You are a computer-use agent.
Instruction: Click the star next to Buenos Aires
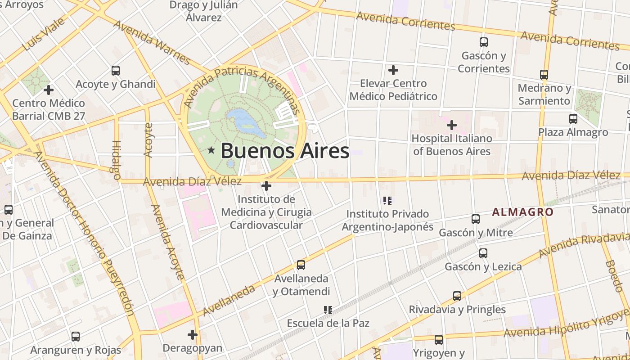coord(211,150)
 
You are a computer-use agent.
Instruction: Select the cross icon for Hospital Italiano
coord(452,125)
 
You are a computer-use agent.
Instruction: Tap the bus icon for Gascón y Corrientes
coord(484,43)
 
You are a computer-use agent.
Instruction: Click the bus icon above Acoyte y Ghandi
coord(116,71)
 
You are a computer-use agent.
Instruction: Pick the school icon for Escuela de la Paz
coord(328,310)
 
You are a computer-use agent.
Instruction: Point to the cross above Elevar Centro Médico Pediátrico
coord(393,70)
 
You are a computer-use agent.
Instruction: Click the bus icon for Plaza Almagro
coord(573,119)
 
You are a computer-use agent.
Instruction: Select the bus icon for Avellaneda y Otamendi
coord(301,265)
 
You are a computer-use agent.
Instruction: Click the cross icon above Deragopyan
coord(193,335)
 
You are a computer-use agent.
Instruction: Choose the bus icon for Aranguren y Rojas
coord(76,336)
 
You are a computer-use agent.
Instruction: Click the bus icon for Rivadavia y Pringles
coord(457,296)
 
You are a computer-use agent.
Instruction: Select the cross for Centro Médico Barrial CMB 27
coord(48,90)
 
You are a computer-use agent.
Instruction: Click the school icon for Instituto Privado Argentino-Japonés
coord(387,200)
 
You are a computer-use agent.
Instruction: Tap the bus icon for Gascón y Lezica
coord(483,253)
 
